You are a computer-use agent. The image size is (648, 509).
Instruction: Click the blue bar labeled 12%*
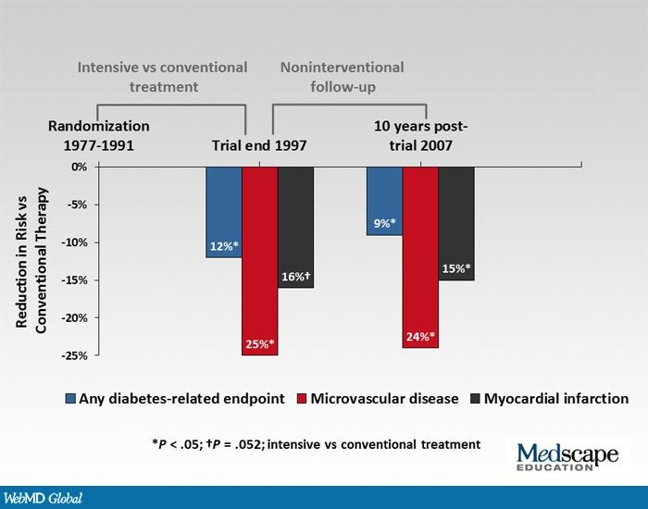223,212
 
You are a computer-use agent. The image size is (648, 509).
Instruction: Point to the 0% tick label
78,168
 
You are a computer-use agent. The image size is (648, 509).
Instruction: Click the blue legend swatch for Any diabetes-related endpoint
70,399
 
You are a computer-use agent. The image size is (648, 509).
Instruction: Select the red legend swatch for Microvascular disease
301,399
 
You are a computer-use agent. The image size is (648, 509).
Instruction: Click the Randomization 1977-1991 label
98,135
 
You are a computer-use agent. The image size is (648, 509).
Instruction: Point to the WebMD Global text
42,498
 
